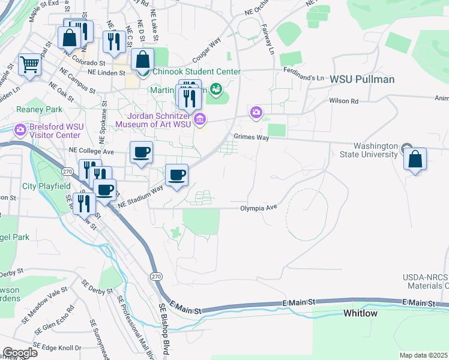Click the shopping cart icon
29,64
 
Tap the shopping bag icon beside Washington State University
415,160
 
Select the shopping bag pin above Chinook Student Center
143,60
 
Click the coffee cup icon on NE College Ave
141,152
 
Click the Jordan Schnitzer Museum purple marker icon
200,120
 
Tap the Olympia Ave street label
258,208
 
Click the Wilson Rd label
343,101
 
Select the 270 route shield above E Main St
155,276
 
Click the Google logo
19,353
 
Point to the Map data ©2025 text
423,355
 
